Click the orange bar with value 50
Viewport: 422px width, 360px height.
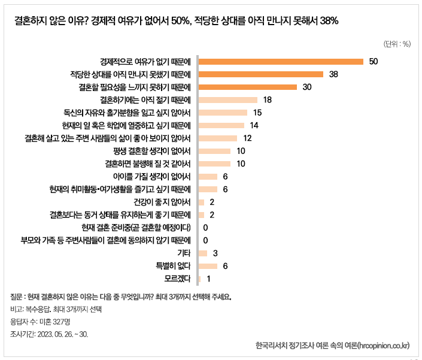point(281,61)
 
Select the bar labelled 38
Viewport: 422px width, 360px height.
point(260,74)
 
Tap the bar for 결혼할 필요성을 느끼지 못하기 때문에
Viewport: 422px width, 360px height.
point(247,87)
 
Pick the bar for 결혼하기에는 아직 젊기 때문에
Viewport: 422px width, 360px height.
point(227,99)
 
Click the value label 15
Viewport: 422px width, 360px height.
point(258,113)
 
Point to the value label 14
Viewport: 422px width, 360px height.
point(254,125)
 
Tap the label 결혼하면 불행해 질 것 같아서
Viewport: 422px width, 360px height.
point(147,164)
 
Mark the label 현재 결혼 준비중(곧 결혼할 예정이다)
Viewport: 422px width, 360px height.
point(136,228)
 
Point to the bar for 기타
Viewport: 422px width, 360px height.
point(202,253)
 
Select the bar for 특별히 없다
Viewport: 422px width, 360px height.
point(207,266)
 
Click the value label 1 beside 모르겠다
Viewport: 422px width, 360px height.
point(208,279)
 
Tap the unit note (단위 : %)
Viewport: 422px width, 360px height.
point(397,44)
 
